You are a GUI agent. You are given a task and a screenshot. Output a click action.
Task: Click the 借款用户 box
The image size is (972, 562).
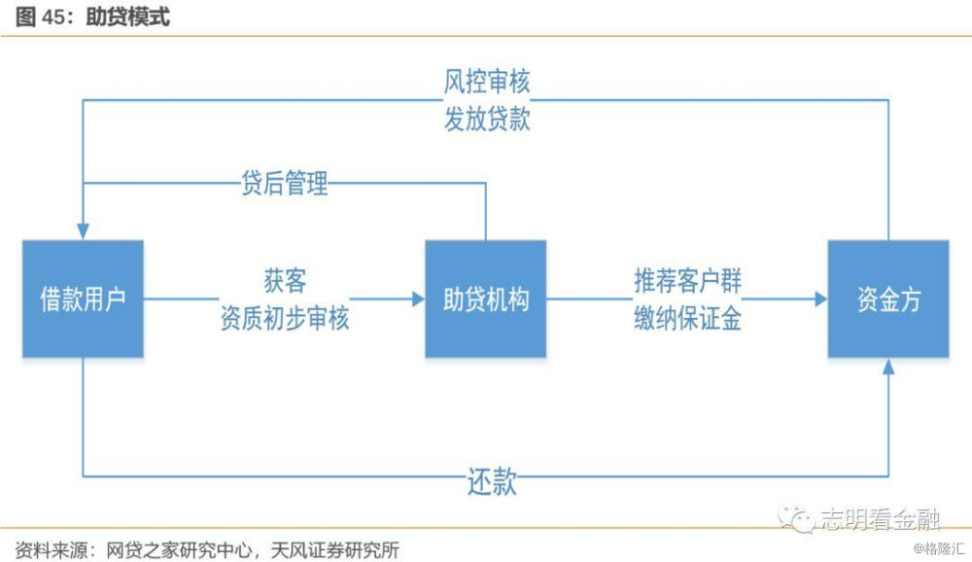point(83,299)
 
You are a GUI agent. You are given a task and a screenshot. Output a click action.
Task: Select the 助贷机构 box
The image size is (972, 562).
point(485,299)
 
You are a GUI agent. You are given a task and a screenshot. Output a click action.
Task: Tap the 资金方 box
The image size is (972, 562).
point(888,299)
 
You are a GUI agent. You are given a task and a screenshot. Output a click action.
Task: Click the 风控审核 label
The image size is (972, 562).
point(487,82)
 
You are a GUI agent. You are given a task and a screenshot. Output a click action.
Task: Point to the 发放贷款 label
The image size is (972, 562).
point(487,119)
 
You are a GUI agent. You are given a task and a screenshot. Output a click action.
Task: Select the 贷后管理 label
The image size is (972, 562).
point(285,183)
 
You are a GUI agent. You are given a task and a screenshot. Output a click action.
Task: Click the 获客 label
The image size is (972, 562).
point(285,281)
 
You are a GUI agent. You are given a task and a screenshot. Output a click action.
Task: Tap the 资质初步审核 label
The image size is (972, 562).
point(285,318)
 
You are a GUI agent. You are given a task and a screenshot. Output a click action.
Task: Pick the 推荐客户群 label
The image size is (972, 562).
point(687,281)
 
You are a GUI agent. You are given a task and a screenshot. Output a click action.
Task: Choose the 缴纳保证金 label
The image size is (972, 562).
point(687,319)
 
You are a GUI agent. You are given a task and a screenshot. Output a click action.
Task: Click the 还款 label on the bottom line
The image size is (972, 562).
point(492,480)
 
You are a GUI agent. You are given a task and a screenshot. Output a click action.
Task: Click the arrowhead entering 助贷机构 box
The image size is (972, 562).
point(418,299)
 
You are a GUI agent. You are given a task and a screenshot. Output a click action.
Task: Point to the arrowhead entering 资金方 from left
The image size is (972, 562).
point(821,299)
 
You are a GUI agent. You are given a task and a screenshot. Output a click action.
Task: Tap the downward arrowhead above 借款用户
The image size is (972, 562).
point(83,232)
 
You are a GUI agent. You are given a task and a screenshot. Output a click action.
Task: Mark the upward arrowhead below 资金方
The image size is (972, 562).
point(888,366)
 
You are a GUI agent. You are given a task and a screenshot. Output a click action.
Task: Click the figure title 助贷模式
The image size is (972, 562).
point(127,17)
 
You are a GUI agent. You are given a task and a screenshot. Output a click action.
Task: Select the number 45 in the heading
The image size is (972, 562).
point(53,18)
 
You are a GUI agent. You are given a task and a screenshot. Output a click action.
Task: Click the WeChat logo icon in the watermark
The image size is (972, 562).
point(797,519)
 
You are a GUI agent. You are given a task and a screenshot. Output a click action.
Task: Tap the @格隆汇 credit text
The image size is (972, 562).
point(939,548)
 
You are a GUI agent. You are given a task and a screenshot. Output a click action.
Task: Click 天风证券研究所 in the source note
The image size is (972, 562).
point(334,549)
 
